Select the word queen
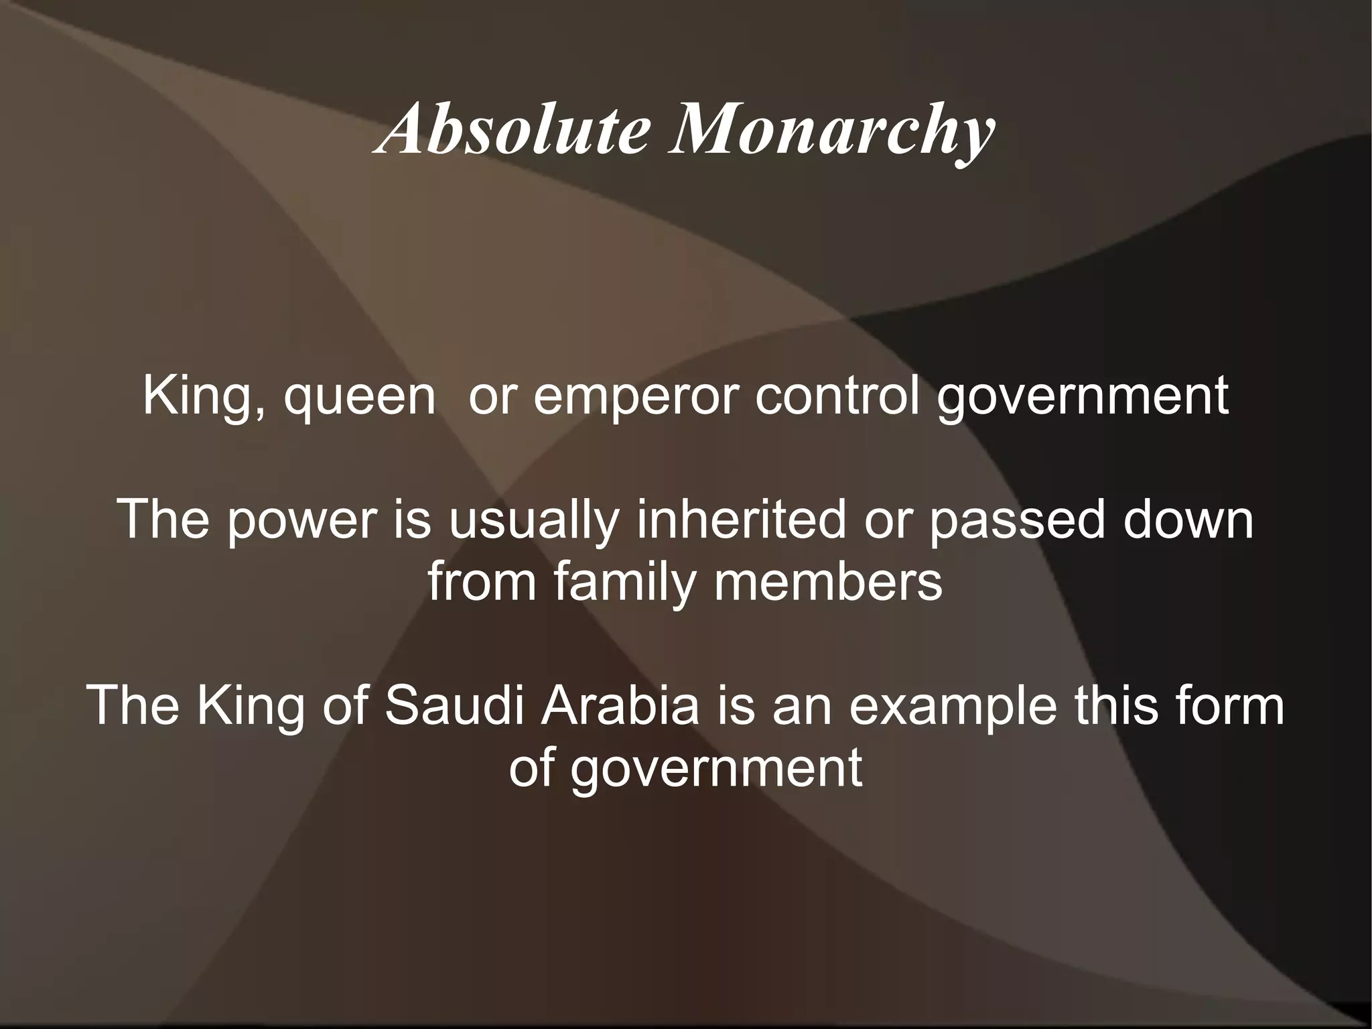pos(360,397)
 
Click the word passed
pos(1016,521)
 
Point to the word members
pos(829,582)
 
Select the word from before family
pos(482,582)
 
